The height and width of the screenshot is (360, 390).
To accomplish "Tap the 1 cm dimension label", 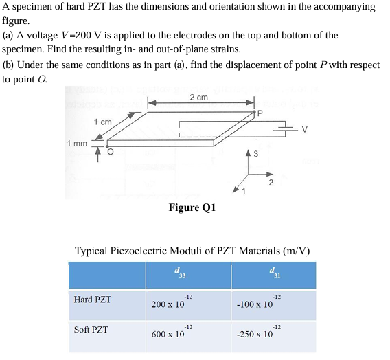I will (x=102, y=122).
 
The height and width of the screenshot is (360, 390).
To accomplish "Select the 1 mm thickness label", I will (x=77, y=144).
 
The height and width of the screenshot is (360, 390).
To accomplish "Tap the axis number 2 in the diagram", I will (x=271, y=182).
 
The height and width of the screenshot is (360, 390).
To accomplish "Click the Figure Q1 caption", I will (x=192, y=208).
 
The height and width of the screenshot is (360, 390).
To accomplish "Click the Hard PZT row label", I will (x=92, y=300).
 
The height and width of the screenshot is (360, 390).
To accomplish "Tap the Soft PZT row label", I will (x=92, y=330).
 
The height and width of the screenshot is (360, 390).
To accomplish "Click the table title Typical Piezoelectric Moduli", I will (x=192, y=251).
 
